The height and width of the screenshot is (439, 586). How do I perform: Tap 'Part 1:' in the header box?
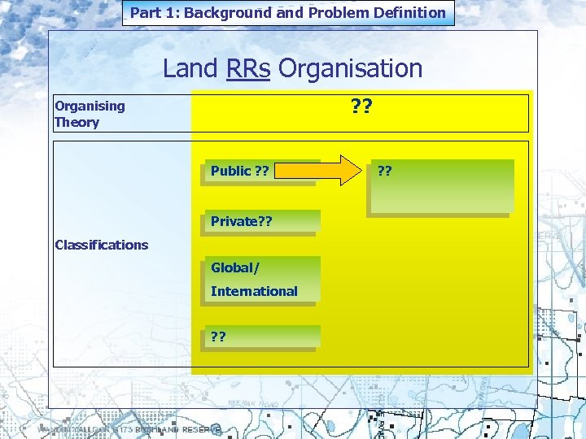(155, 12)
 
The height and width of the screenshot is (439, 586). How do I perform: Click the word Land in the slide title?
(190, 68)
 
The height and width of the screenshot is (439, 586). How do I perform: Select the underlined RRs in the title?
(248, 68)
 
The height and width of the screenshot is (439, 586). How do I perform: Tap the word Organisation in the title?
(350, 68)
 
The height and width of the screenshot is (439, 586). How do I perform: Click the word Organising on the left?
(90, 106)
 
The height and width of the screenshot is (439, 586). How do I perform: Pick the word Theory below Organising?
(77, 123)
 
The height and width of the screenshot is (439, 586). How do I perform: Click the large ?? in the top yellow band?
(362, 106)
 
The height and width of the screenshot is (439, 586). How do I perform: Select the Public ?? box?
(259, 172)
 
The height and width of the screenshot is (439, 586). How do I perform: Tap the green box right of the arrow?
(439, 187)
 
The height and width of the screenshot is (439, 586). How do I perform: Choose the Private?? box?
(259, 222)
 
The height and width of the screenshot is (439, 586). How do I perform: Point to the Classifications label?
(101, 245)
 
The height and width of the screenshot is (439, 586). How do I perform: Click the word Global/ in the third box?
(234, 267)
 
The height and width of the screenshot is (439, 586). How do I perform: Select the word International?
(254, 291)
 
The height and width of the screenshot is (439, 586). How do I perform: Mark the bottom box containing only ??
(259, 337)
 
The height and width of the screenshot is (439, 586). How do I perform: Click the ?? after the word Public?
(261, 171)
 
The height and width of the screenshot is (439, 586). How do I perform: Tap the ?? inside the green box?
(385, 171)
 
